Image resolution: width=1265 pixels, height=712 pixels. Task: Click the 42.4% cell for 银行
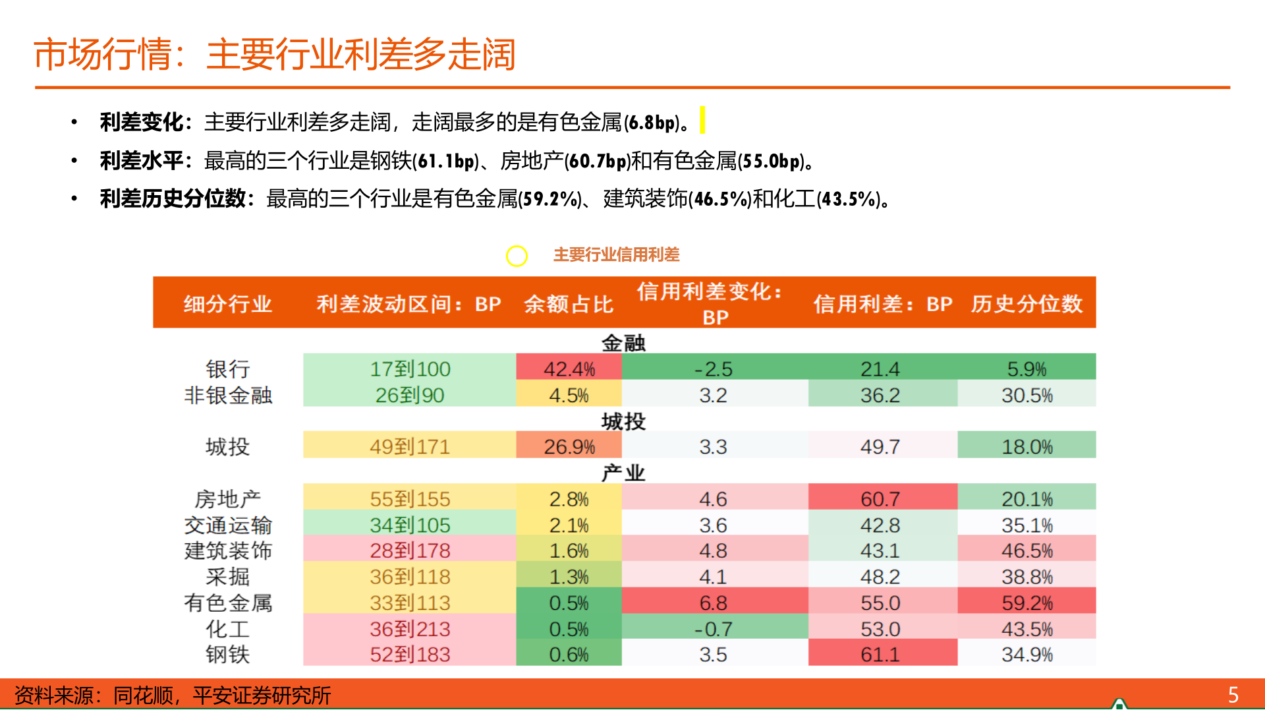(569, 369)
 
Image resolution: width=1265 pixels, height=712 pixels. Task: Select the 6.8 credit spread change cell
(714, 602)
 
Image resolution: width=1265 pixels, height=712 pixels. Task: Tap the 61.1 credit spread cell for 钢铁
(880, 654)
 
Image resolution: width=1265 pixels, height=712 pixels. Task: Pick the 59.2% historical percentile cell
(1026, 602)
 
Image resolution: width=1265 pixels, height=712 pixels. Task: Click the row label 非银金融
(228, 395)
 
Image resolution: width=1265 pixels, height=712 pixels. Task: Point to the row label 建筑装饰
(228, 550)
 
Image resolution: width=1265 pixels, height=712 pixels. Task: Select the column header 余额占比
(569, 304)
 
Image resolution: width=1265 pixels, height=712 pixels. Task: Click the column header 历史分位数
(1026, 304)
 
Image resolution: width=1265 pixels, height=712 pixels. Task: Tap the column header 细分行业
(228, 304)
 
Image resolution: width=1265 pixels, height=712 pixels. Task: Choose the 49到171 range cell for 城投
(409, 446)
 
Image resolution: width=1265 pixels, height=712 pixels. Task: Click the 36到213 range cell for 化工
(409, 628)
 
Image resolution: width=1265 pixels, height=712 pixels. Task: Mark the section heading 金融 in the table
(623, 343)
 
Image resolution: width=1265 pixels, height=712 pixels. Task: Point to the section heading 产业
(623, 473)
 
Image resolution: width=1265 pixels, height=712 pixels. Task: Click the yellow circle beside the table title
(517, 256)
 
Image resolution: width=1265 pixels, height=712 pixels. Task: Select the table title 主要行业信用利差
(616, 254)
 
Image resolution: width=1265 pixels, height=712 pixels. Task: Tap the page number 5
(1233, 695)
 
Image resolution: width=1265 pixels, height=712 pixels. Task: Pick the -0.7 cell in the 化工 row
(714, 628)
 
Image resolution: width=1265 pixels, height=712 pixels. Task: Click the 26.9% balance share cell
(569, 446)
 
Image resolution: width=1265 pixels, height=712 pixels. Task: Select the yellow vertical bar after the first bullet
(702, 120)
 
